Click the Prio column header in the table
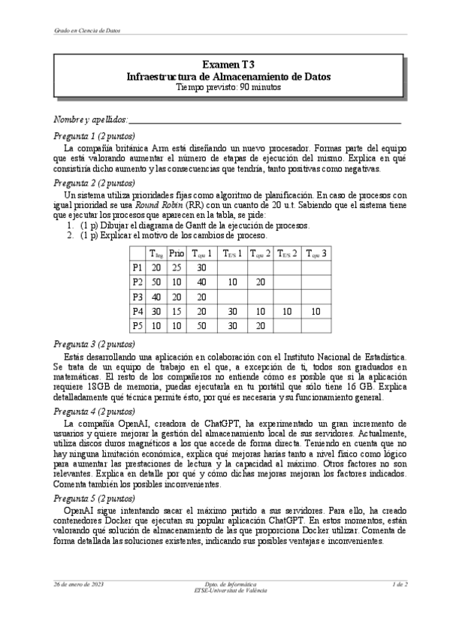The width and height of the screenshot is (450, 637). point(176,253)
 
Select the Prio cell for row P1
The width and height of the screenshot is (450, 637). point(176,267)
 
